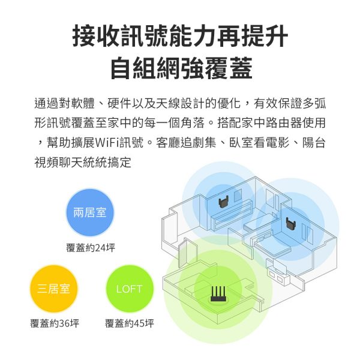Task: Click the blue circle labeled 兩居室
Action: point(90,212)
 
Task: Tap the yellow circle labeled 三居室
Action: point(53,289)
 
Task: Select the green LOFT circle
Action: point(130,289)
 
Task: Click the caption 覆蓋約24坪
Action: point(91,248)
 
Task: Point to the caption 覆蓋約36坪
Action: point(55,323)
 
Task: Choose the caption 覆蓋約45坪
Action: point(130,323)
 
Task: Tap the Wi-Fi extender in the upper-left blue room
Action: point(223,202)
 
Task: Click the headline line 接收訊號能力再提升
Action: point(180,36)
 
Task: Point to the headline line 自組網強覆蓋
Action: point(181,68)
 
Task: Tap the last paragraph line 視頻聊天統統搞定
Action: point(83,163)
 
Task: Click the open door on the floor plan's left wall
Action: point(182,252)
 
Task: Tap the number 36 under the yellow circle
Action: point(64,323)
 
